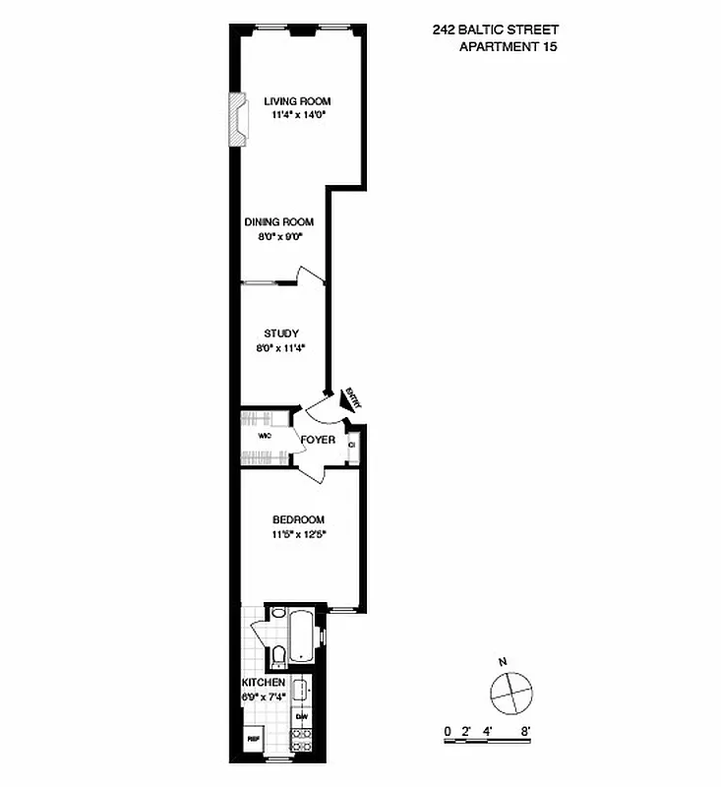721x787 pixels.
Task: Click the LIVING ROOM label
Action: click(x=297, y=101)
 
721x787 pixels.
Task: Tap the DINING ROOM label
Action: click(x=279, y=222)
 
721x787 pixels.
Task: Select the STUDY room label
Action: click(x=281, y=333)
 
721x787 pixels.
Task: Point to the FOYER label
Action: click(x=318, y=440)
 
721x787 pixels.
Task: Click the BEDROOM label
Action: click(x=299, y=520)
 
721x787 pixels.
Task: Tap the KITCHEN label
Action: click(x=264, y=682)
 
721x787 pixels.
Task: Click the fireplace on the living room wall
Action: click(x=237, y=119)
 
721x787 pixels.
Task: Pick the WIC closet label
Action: click(x=265, y=435)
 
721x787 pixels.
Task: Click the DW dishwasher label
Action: click(x=302, y=716)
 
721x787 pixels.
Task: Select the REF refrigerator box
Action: click(x=253, y=739)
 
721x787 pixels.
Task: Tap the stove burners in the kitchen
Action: click(x=302, y=740)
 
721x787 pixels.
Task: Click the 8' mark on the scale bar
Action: click(x=527, y=732)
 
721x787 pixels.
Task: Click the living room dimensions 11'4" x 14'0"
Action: click(x=297, y=115)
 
